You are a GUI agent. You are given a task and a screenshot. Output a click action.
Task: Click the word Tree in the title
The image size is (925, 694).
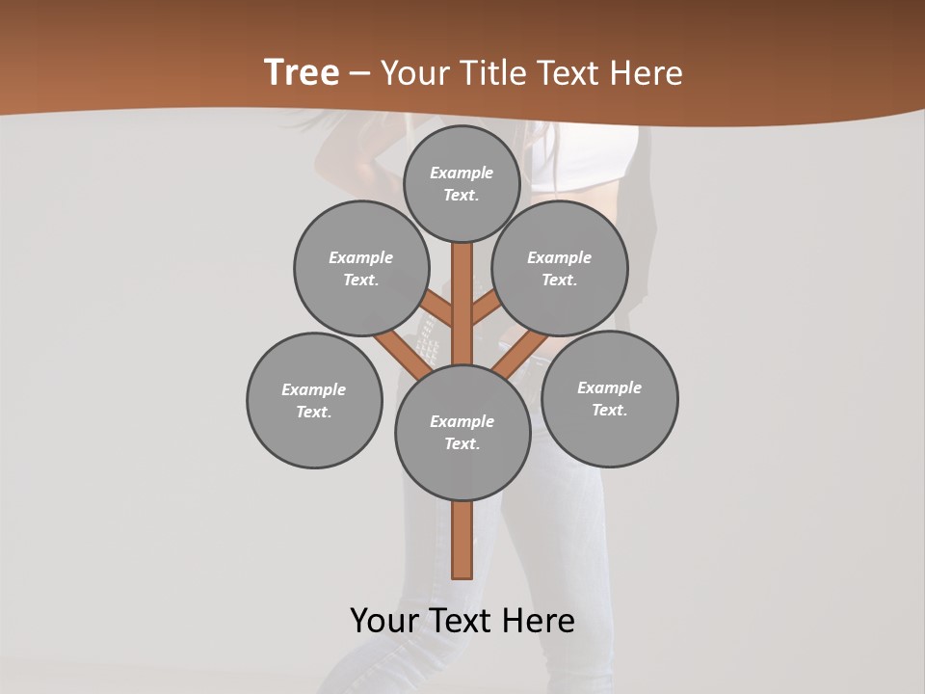[x=302, y=72]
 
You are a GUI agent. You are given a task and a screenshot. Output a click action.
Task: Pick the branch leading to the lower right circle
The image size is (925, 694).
[x=520, y=352]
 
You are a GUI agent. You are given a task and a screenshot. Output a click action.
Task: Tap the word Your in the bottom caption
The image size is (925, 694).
[x=384, y=621]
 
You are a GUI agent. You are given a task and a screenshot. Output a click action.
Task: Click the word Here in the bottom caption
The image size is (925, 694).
[x=539, y=621]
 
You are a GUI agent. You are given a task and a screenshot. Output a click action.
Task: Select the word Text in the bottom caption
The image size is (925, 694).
[x=462, y=621]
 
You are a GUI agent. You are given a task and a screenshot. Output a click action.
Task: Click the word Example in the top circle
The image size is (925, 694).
[x=462, y=173]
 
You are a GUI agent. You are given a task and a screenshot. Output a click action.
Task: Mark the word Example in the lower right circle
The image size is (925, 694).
[x=609, y=387]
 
